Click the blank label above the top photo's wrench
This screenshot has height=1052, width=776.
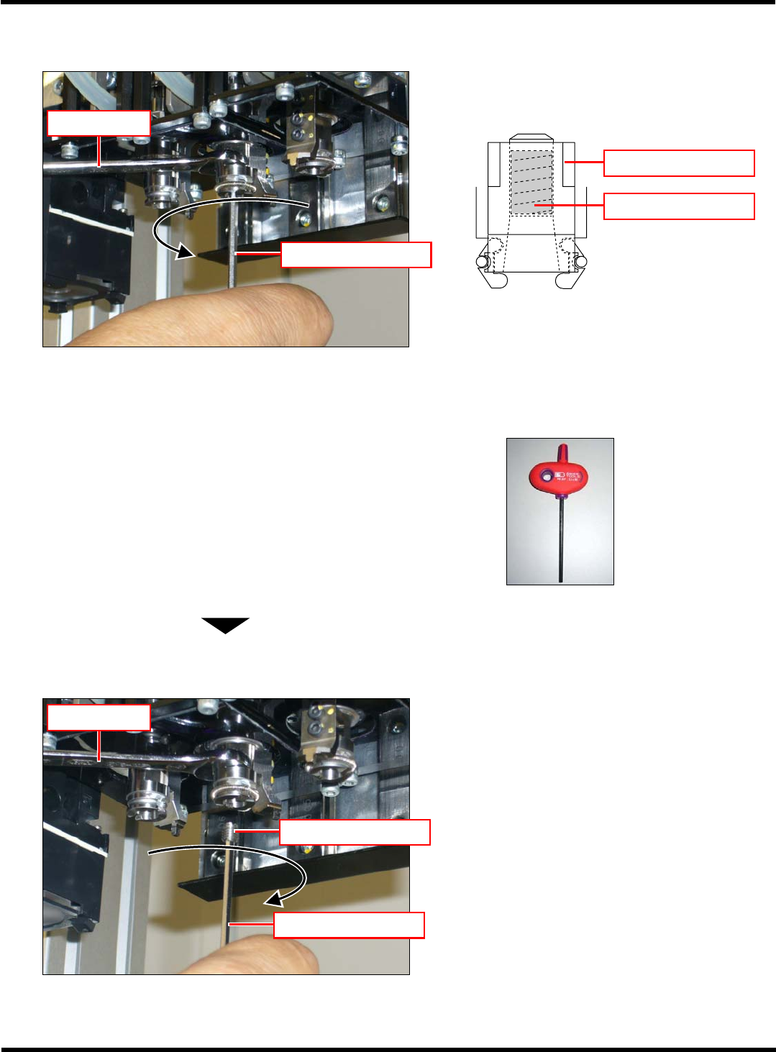tap(99, 123)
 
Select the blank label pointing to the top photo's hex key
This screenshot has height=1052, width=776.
tap(356, 255)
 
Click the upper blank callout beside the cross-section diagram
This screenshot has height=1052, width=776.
tap(679, 163)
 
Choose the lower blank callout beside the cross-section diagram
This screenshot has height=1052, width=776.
tap(679, 206)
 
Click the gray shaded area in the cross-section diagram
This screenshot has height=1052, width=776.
tap(531, 182)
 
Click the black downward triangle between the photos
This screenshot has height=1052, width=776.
tap(225, 625)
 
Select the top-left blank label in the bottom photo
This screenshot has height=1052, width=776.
tap(99, 718)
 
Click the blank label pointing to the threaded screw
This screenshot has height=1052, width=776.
tap(355, 832)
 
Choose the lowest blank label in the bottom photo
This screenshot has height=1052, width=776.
tap(349, 925)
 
